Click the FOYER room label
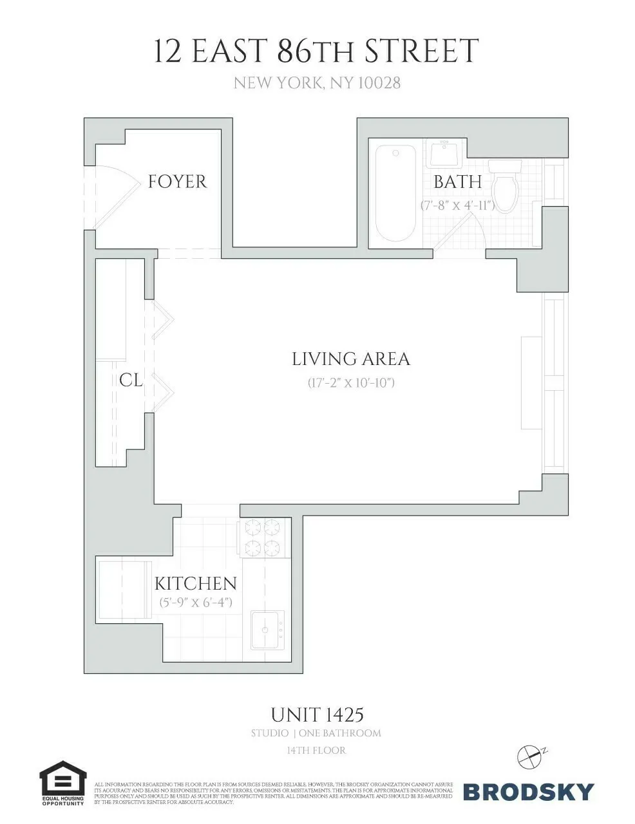pyautogui.click(x=177, y=182)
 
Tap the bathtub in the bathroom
pyautogui.click(x=395, y=193)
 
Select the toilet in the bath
pyautogui.click(x=504, y=187)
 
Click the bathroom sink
pyautogui.click(x=444, y=153)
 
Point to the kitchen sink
pyautogui.click(x=267, y=630)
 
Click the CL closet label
pyautogui.click(x=131, y=380)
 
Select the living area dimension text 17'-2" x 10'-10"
pyautogui.click(x=350, y=382)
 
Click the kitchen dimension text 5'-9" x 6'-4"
pyautogui.click(x=196, y=603)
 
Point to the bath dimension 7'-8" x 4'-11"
pyautogui.click(x=457, y=205)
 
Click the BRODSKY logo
pyautogui.click(x=528, y=791)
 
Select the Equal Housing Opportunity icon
pyautogui.click(x=62, y=783)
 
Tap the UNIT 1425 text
pyautogui.click(x=317, y=715)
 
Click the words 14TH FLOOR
pyautogui.click(x=316, y=751)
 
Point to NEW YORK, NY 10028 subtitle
pyautogui.click(x=317, y=83)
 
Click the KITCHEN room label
pyautogui.click(x=195, y=583)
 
